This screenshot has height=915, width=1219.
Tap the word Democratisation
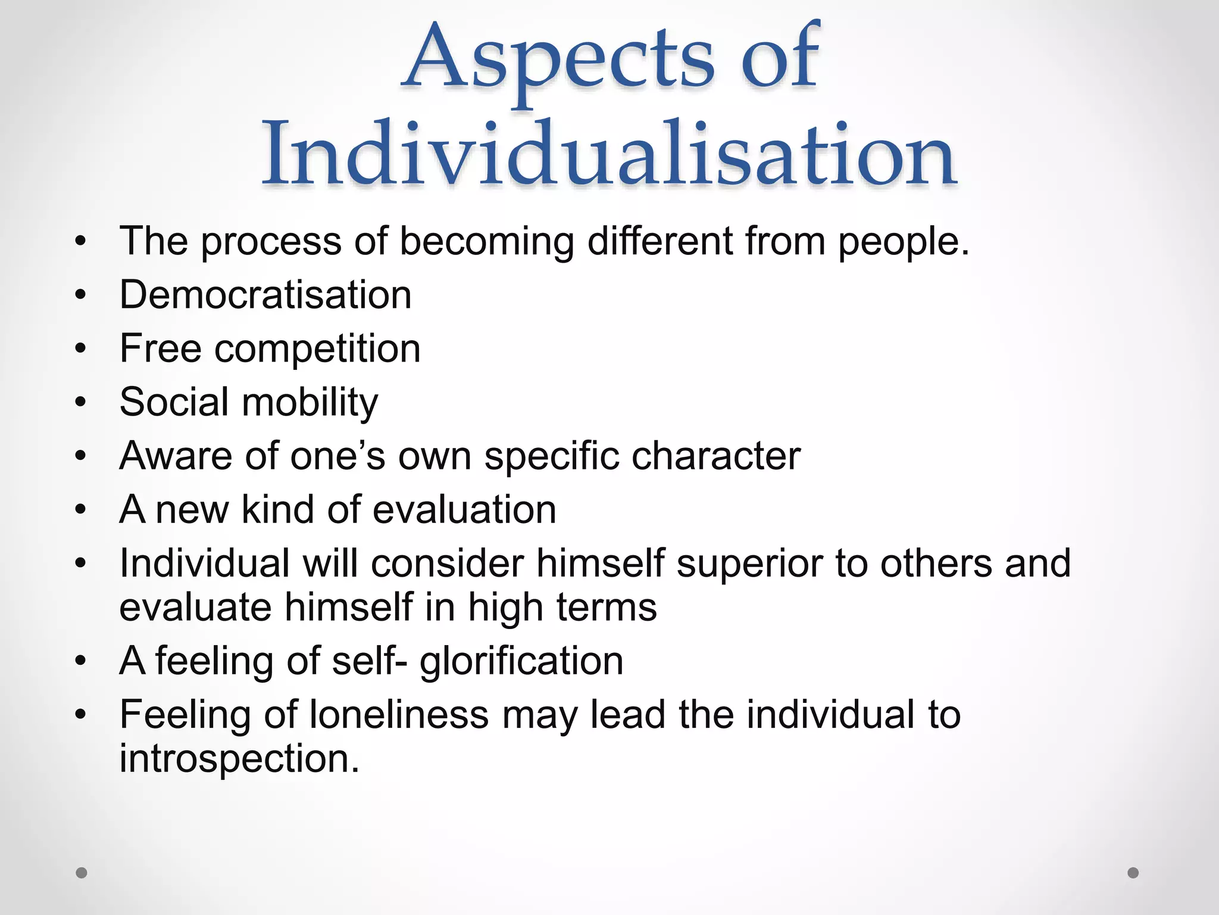pos(265,295)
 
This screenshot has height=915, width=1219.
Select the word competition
pos(317,349)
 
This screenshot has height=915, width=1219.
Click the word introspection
pos(239,759)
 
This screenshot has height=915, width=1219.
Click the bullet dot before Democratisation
pos(81,295)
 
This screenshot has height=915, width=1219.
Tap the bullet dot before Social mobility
pos(81,403)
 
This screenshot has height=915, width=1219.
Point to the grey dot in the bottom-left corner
pos(82,873)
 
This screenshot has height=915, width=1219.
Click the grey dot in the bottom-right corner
pos(1133,873)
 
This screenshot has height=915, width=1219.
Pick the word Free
pos(160,348)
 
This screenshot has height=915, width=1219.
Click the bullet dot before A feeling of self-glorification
pos(81,661)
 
